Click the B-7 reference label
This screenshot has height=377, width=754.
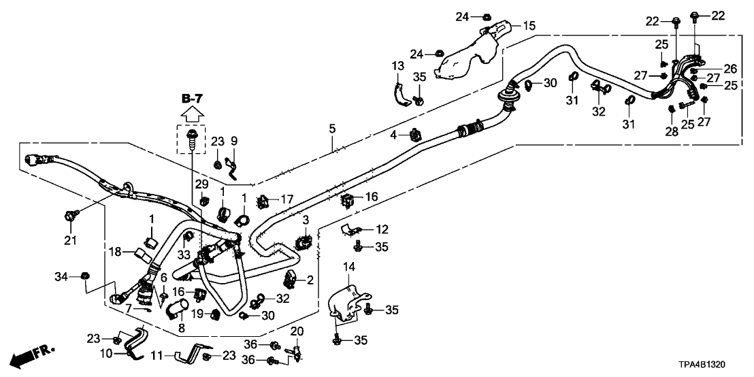(x=193, y=100)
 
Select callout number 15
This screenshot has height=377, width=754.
(x=529, y=25)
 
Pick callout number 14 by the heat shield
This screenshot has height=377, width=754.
(x=349, y=268)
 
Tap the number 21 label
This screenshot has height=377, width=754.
(x=69, y=240)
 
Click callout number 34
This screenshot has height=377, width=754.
(x=61, y=276)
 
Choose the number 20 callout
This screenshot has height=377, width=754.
(x=296, y=331)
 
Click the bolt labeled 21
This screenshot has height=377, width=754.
(x=69, y=217)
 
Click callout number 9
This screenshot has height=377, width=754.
(x=234, y=141)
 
